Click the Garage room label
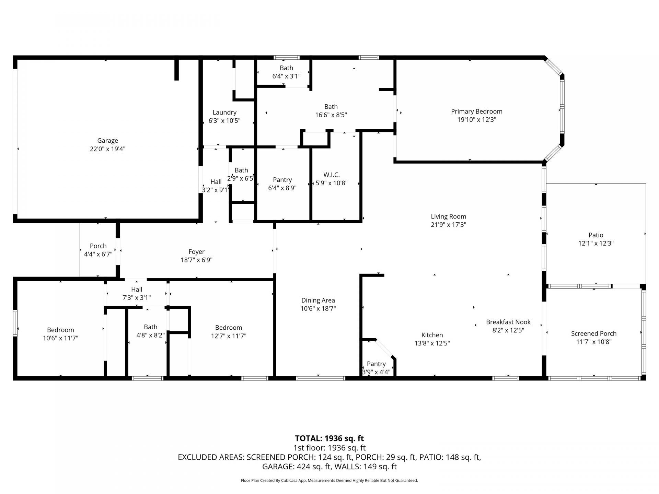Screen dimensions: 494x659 107,141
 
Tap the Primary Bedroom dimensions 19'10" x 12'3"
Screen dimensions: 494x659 476,120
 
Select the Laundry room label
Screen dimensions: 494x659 224,113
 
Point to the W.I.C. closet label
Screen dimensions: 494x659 331,175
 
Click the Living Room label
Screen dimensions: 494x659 448,216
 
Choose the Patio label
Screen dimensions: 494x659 596,235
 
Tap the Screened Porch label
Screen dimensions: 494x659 594,333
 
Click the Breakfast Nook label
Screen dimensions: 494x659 508,322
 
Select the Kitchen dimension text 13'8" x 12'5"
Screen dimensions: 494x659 432,343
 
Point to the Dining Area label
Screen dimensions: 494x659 318,300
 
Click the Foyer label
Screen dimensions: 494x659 196,252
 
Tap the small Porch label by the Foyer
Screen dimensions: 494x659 98,246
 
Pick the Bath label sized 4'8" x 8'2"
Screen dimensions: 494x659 150,327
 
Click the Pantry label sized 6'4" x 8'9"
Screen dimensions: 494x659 282,180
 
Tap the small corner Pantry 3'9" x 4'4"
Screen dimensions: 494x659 376,368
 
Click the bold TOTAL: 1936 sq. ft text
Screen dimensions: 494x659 329,438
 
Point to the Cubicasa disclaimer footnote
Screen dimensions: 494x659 329,481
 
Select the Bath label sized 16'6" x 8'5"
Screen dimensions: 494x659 331,107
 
